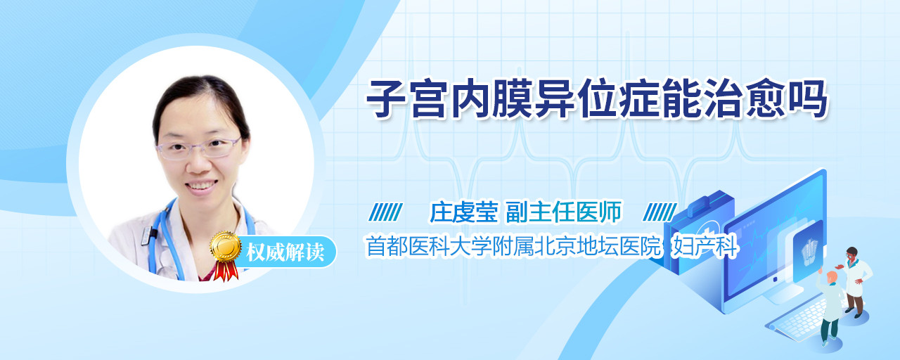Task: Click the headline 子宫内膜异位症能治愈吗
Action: (597, 99)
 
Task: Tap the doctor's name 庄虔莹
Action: (464, 212)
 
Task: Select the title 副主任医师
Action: (564, 212)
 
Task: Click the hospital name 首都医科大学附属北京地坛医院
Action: (513, 246)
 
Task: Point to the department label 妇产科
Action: (705, 246)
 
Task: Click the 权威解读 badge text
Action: (285, 252)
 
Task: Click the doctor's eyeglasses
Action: (198, 148)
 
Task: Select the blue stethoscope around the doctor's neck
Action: (161, 241)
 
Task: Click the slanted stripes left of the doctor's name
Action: (386, 212)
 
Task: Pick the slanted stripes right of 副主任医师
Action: (660, 212)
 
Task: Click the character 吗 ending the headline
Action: (806, 99)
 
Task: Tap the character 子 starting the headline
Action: (387, 99)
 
